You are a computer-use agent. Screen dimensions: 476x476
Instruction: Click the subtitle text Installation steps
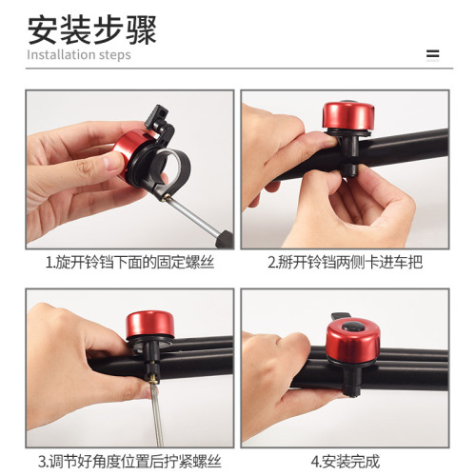pos(78,55)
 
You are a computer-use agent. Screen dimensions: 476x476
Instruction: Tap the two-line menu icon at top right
pos(433,54)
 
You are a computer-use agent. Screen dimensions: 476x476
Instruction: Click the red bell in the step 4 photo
pos(352,344)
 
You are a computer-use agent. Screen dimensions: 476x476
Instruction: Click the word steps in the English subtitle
pos(113,55)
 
